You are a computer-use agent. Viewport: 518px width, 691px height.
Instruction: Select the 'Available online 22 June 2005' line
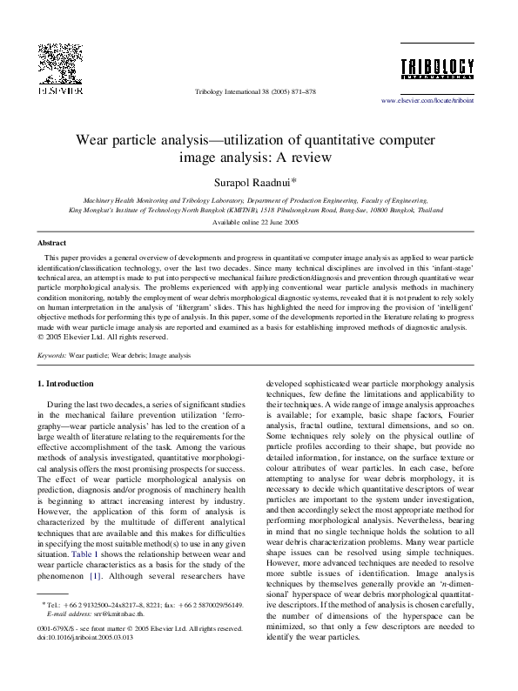pyautogui.click(x=259, y=222)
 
